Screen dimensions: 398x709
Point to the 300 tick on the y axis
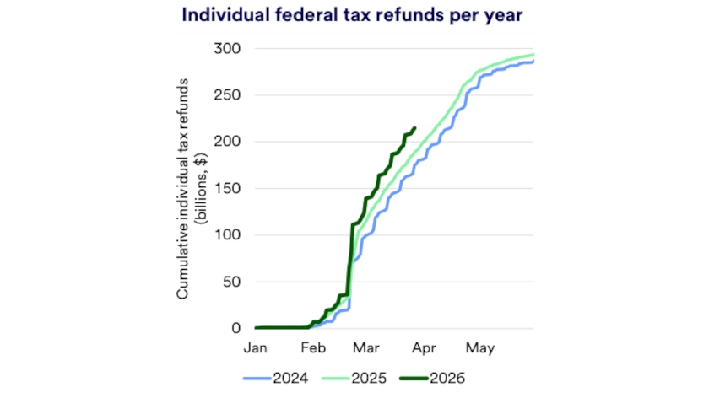tap(228, 49)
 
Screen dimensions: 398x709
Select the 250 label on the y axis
tap(228, 95)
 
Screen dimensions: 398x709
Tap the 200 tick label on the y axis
tap(228, 142)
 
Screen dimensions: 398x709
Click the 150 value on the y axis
tap(228, 189)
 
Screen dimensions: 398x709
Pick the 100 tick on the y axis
tap(228, 235)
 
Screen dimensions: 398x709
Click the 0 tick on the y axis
tap(237, 328)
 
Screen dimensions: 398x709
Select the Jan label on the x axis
tap(255, 347)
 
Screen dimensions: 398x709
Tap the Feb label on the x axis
tap(312, 347)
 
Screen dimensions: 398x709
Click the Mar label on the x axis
tap(366, 347)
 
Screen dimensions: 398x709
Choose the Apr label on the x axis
tap(425, 347)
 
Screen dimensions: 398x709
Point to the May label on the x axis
tap(479, 347)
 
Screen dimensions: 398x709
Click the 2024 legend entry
tap(280, 378)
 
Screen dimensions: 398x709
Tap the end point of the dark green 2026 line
tap(414, 128)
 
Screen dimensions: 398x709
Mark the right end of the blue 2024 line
tap(533, 61)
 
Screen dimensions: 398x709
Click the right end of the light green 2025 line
tap(533, 55)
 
